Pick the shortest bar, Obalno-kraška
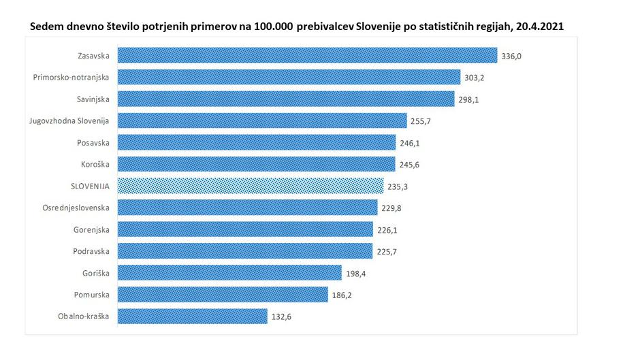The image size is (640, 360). pos(193,316)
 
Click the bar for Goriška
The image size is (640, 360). pos(229,273)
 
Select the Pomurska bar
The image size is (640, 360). pos(223,295)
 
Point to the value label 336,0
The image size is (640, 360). pos(511,56)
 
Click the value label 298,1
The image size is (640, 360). pos(468,99)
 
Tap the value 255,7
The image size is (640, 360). pos(421,121)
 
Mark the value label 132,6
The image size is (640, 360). pos(281,317)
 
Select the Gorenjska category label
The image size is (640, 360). pos(92,229)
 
